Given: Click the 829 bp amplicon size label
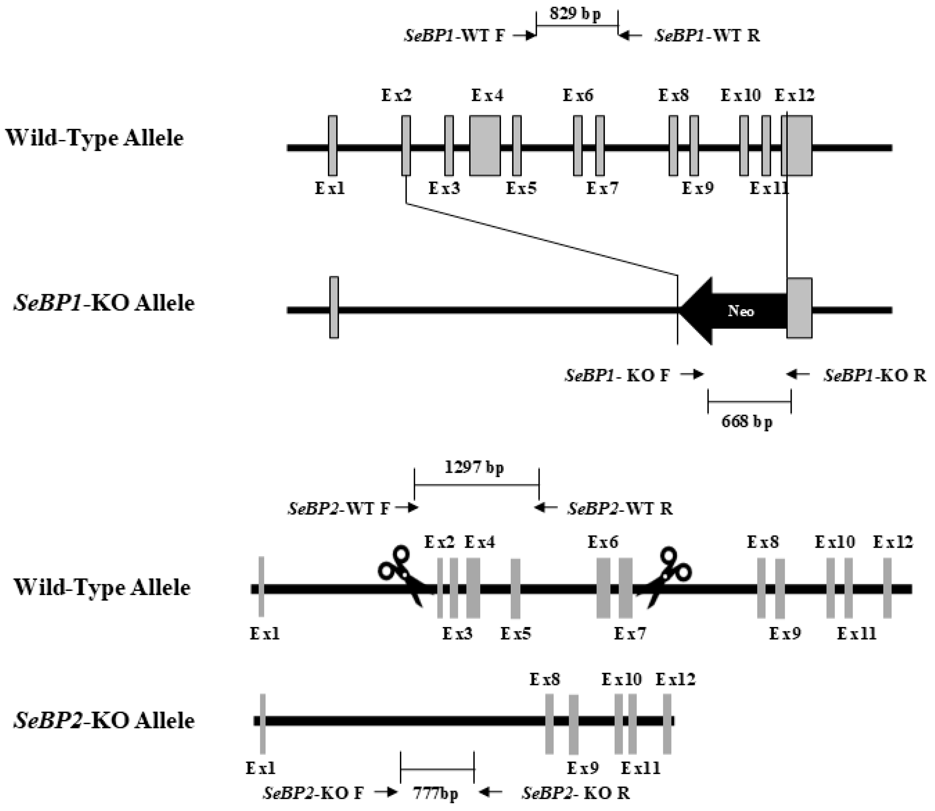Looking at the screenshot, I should (x=575, y=14).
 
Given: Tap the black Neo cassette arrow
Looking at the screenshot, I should (x=737, y=311).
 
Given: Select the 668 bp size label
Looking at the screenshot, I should (x=747, y=421).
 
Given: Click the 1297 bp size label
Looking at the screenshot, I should (x=474, y=467).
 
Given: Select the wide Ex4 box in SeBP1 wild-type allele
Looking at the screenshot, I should (x=485, y=146).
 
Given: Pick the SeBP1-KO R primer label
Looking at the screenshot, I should (x=874, y=375).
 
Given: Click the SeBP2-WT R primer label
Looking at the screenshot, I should (x=620, y=508).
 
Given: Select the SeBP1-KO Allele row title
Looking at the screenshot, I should (x=104, y=303).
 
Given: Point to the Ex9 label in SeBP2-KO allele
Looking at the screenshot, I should (x=583, y=768).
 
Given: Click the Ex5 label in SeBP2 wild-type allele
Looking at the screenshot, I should (x=515, y=633).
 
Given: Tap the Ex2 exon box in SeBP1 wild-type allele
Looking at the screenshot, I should (x=406, y=146).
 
